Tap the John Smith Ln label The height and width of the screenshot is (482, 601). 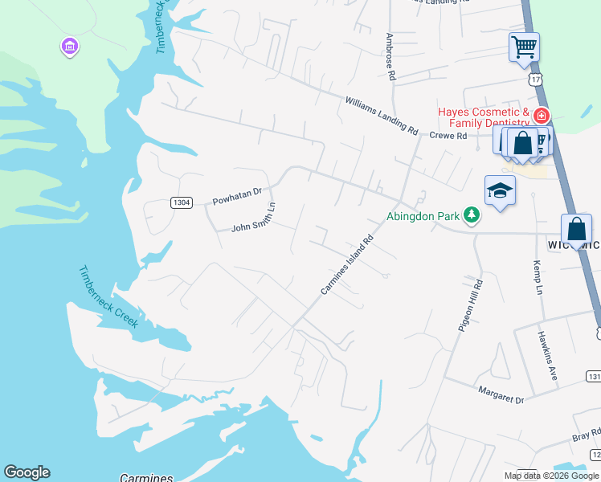[x=254, y=217]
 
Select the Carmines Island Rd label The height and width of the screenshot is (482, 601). [x=348, y=264]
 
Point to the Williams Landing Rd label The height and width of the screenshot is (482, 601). [x=382, y=115]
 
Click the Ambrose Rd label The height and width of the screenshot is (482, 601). [x=391, y=56]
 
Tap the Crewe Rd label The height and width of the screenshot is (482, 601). [x=448, y=136]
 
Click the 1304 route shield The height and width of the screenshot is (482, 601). [x=182, y=202]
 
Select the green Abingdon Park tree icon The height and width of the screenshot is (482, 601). [x=472, y=215]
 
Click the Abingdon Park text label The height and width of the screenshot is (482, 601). [x=423, y=215]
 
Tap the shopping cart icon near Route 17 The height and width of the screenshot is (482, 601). [x=524, y=47]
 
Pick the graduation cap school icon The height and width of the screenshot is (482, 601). [x=500, y=191]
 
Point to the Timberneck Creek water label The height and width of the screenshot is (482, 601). [x=109, y=296]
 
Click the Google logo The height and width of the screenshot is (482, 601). [x=27, y=472]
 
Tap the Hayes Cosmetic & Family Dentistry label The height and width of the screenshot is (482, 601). [x=484, y=117]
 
